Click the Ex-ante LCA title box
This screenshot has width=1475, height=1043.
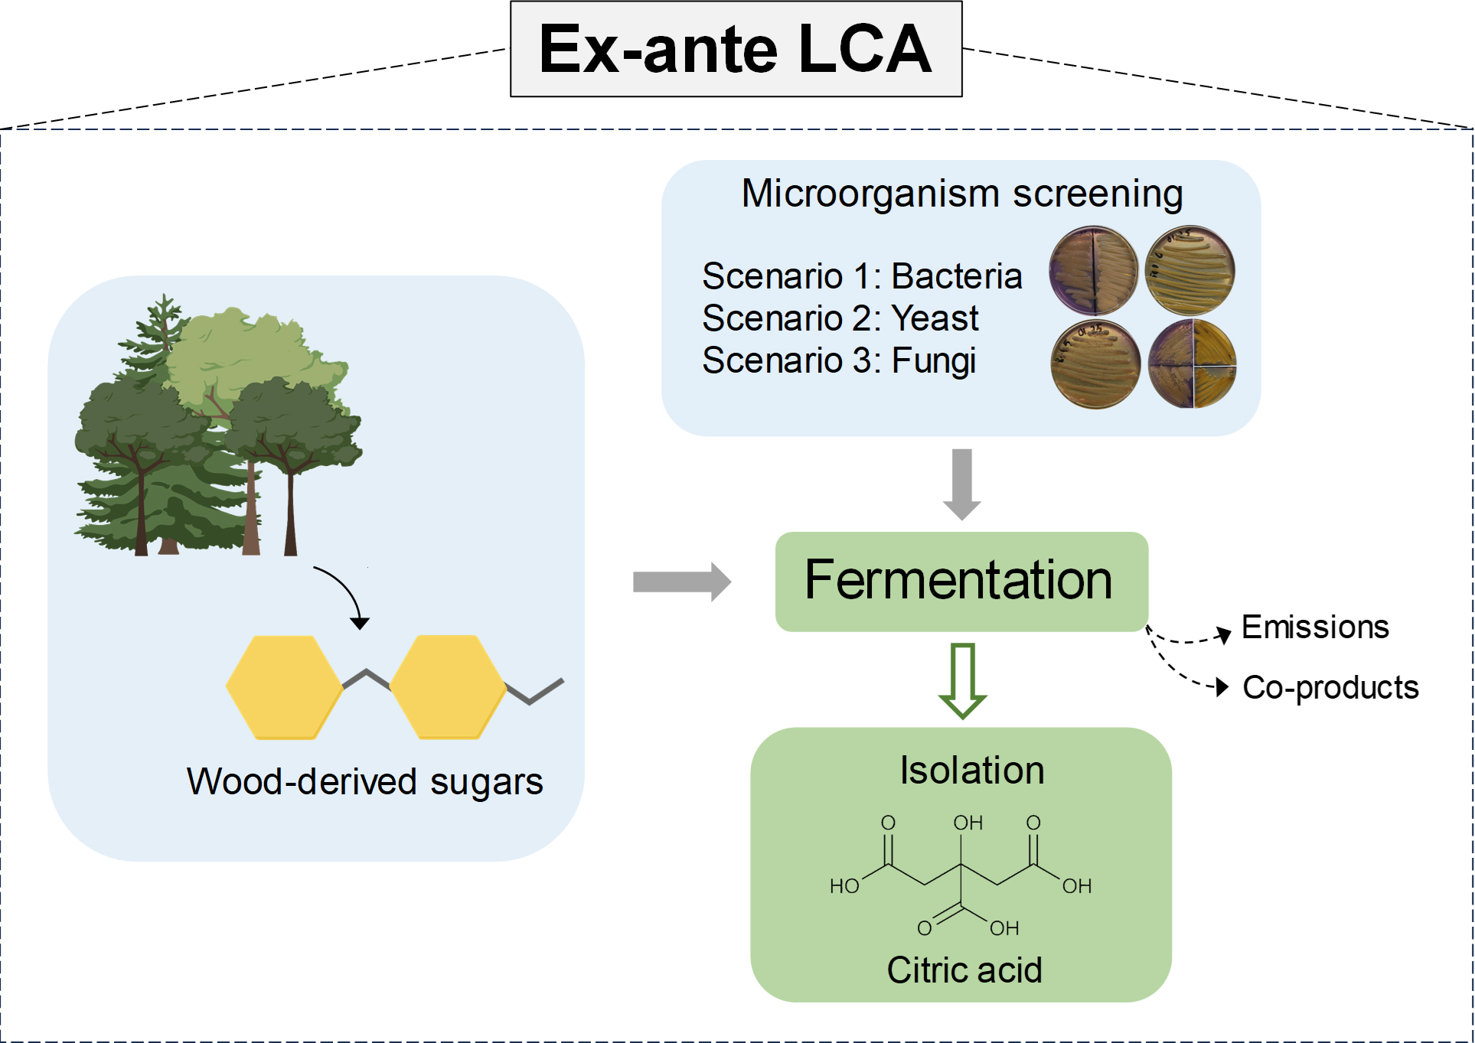[x=736, y=49]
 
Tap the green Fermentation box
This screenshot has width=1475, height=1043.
[x=961, y=581]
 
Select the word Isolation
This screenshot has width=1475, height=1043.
[x=971, y=770]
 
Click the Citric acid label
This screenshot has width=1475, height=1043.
[x=964, y=970]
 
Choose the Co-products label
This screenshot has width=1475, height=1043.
[x=1330, y=687]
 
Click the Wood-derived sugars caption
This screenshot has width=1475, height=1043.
[x=364, y=782]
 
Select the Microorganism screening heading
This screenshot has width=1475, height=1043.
[x=961, y=194]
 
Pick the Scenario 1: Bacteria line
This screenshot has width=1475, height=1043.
[x=861, y=276]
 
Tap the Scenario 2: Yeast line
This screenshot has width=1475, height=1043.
[x=840, y=318]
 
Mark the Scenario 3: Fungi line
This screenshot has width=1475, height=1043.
[x=838, y=360]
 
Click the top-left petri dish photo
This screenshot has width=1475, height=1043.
[x=1093, y=270]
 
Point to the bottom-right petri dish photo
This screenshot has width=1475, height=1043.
[x=1192, y=364]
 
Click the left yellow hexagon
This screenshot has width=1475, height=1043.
[x=284, y=687]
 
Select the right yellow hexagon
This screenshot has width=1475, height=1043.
[x=448, y=687]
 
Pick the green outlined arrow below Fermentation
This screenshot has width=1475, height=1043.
[x=962, y=680]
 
